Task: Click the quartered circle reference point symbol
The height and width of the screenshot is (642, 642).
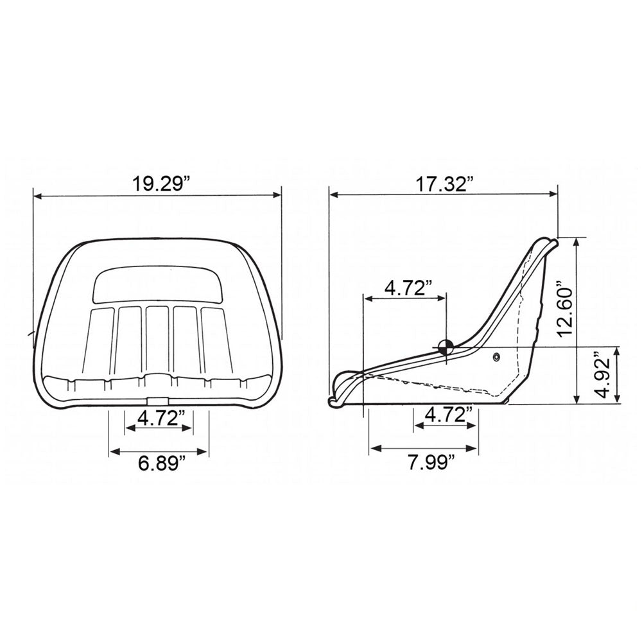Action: [x=444, y=347]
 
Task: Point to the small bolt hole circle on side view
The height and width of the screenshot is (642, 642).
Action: [x=496, y=356]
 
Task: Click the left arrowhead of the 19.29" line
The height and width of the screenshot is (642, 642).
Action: [x=36, y=196]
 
